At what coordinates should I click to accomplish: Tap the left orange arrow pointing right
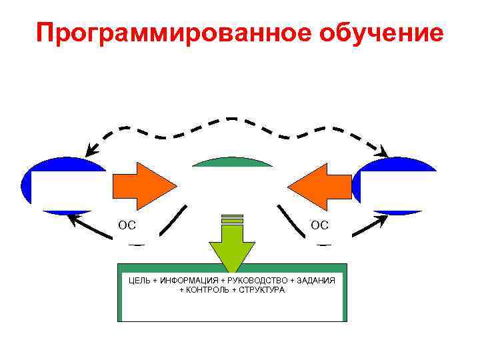tap(143, 185)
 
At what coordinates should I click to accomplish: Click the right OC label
tap(320, 225)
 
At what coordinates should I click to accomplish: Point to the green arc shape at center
tap(232, 161)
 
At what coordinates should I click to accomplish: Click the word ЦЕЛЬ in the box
tap(139, 281)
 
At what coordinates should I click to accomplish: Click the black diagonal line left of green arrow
tap(173, 220)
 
